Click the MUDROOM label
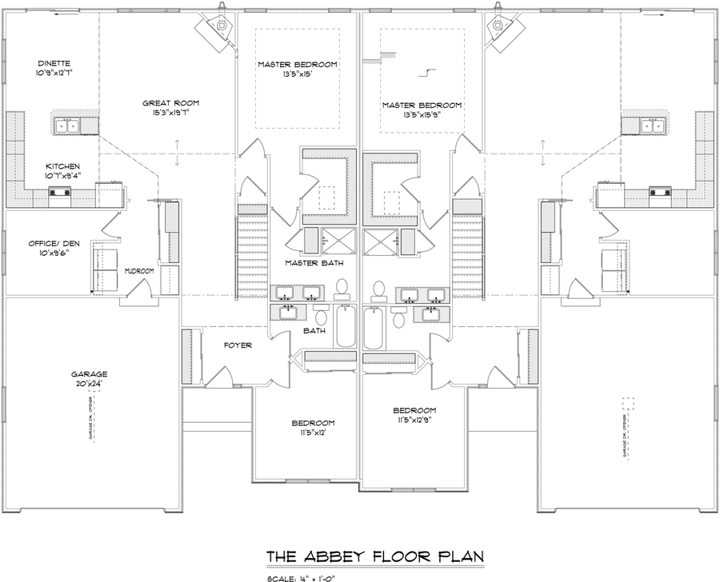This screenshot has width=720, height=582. coord(138,272)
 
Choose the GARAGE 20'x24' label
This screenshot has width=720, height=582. coord(89,378)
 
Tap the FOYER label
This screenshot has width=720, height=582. coord(238,345)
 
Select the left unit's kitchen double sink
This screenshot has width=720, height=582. coord(67,126)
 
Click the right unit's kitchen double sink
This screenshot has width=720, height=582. coord(653,126)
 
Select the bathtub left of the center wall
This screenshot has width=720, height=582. coord(345,328)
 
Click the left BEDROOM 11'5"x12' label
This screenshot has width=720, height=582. coord(306,427)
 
